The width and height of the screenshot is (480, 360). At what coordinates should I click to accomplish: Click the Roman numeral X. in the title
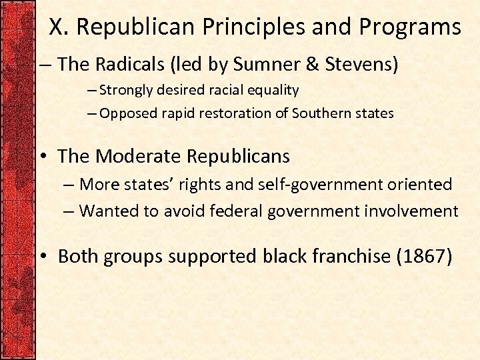(60, 27)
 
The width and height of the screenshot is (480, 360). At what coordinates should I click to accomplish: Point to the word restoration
(237, 113)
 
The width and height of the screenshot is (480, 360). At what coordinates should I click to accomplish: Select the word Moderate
(139, 156)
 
